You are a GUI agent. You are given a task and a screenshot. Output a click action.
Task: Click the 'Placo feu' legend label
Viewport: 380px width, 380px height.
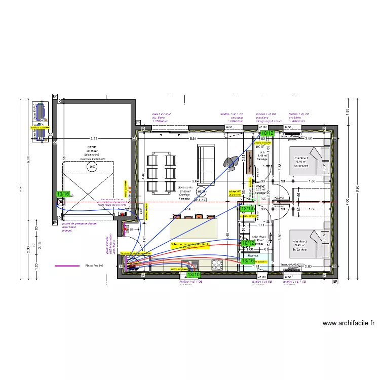tap(94, 265)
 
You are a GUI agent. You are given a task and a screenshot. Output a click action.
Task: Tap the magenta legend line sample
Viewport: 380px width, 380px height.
tap(67, 265)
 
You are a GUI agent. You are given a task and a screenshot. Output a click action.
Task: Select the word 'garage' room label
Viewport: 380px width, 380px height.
tap(91, 147)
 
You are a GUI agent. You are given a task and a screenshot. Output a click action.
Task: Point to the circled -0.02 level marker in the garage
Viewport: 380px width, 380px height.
tap(92, 166)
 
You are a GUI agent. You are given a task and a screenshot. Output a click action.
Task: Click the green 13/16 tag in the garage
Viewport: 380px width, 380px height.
tap(63, 194)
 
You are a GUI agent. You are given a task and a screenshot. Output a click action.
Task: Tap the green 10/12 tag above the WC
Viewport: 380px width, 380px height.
tap(267, 133)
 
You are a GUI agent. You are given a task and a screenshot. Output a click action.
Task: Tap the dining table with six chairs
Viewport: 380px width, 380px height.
tap(162, 174)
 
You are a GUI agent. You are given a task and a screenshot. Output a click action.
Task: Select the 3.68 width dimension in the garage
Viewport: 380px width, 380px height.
tap(94, 138)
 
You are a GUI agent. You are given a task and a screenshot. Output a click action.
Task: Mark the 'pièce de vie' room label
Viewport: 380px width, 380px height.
tap(184, 187)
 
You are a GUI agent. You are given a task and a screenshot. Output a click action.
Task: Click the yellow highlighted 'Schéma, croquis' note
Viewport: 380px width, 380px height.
tap(190, 245)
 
